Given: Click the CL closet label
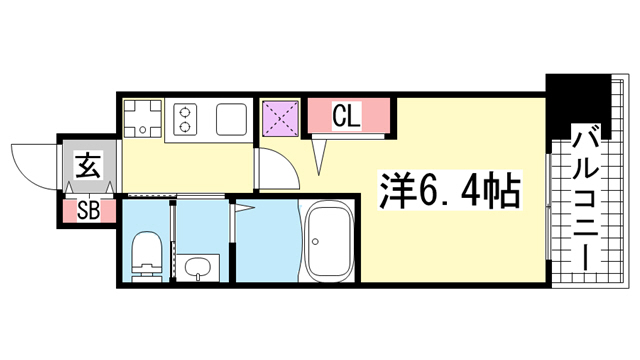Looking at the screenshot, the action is click(x=347, y=116).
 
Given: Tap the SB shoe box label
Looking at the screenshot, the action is click(x=88, y=211).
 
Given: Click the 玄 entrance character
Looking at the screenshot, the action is click(x=88, y=164).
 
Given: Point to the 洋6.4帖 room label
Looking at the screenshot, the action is click(x=451, y=190).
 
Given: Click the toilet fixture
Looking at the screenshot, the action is click(x=147, y=256).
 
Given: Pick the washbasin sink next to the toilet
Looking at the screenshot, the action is click(x=198, y=268).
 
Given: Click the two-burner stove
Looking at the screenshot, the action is click(x=185, y=119).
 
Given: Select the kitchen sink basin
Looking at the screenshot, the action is click(x=231, y=119).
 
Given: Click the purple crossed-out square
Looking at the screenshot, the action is click(x=280, y=119).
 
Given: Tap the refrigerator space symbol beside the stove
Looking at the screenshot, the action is click(x=142, y=118).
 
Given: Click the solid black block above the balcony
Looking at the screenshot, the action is click(x=578, y=105).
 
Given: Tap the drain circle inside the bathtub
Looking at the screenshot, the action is click(x=315, y=241).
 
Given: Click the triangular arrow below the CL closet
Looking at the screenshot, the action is click(x=319, y=156).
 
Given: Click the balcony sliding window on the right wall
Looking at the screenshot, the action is click(x=549, y=207).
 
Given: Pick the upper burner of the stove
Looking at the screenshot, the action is click(x=185, y=111).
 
